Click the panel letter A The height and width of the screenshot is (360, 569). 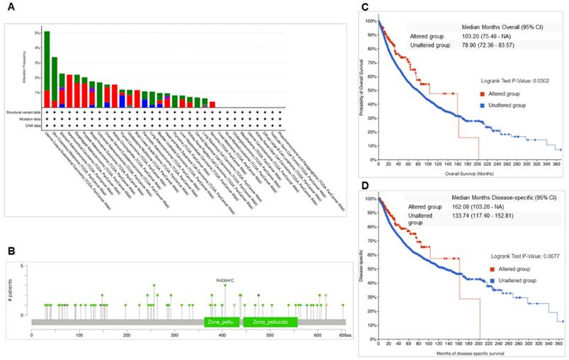11,8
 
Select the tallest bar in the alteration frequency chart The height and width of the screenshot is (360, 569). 46,67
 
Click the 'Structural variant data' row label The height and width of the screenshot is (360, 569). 23,111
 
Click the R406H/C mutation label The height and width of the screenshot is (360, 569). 225,280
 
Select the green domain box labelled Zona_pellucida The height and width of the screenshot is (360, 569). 270,322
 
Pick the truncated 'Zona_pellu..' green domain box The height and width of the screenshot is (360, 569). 221,322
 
